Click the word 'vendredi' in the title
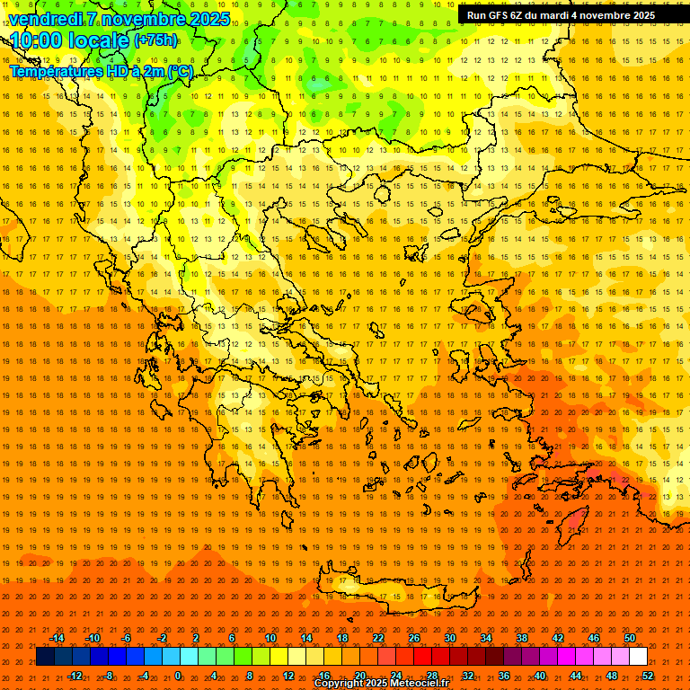(44, 19)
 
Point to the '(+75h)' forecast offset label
(155, 40)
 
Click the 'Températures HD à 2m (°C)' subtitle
(101, 71)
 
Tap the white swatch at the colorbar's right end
(638, 657)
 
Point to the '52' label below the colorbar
(648, 675)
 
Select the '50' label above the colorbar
(630, 638)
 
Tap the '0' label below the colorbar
(178, 675)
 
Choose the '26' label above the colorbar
(414, 638)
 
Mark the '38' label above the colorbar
(522, 638)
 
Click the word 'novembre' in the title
(145, 19)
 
